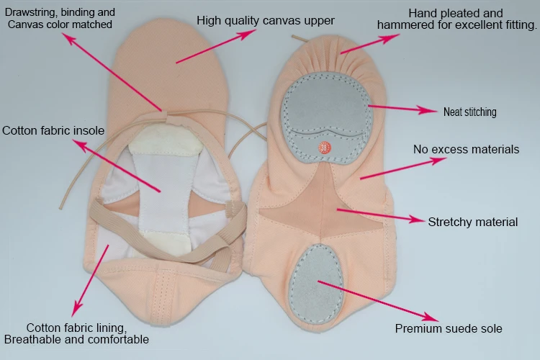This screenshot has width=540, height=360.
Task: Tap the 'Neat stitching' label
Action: pos(469,112)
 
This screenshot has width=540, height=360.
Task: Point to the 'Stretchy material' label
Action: pos(472,222)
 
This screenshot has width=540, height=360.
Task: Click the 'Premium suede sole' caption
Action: pos(448,328)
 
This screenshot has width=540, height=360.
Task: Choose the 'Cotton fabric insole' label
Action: pos(53,131)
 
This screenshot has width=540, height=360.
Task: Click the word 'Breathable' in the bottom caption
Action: pos(32,339)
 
